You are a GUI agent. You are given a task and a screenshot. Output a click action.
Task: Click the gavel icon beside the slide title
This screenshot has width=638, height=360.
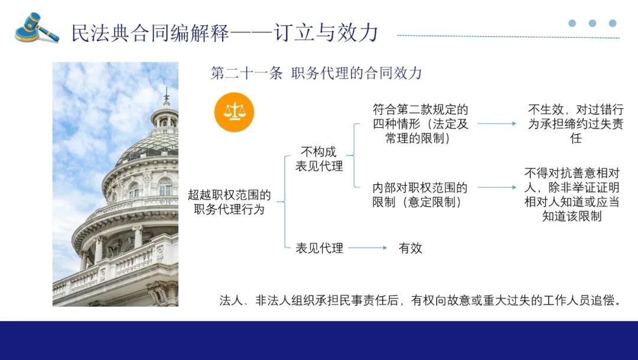coord(37,28)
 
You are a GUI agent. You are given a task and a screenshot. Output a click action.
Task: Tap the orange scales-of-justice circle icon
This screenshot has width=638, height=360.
coord(234,112)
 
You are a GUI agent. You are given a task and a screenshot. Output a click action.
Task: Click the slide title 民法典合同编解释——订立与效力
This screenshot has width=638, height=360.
coord(224,33)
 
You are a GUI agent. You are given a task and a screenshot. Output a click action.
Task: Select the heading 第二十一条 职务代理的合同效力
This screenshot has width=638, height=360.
coord(315,73)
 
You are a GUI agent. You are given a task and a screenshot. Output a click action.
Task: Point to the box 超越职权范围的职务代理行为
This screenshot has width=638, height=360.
coord(229,202)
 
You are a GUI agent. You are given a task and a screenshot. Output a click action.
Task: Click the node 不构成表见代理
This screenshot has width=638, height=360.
coord(319,159)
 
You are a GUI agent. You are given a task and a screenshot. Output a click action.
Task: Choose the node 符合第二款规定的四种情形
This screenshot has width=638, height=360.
coord(420,124)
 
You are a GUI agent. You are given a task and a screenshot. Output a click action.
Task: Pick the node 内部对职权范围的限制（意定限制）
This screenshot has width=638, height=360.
coord(419,195)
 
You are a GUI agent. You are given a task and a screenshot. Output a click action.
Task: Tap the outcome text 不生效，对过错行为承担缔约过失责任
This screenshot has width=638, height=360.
coord(575,124)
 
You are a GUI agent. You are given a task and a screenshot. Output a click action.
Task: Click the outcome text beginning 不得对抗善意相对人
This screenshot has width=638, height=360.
coord(572,194)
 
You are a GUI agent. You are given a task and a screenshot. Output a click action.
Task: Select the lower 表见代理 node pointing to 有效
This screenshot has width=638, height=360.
coord(319,248)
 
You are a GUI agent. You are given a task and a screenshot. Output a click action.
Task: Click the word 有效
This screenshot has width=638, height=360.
coord(410,248)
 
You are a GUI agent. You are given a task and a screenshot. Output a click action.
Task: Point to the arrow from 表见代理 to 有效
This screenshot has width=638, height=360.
coord(368,248)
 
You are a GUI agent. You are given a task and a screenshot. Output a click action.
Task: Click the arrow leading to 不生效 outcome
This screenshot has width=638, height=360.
coord(497,124)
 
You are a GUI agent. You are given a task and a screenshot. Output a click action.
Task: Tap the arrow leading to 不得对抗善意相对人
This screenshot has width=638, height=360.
coord(497,187)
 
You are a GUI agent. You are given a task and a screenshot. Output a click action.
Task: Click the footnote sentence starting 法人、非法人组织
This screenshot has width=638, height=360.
coord(420,300)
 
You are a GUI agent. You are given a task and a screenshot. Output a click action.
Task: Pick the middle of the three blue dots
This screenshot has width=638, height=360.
coord(593,23)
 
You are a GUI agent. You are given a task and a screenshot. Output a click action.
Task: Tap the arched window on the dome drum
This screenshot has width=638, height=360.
coord(165,187)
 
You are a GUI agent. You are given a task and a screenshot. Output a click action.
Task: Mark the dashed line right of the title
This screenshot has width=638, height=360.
coord(508,37)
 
